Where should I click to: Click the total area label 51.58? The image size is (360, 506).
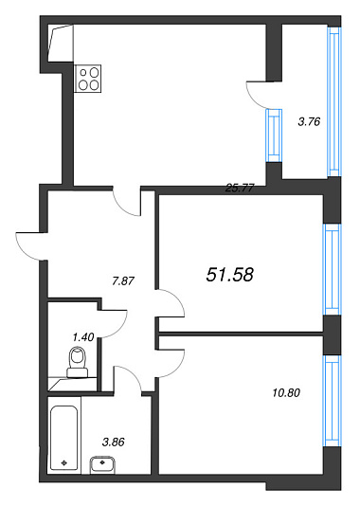click(229, 275)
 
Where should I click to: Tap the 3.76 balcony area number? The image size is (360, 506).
click(309, 121)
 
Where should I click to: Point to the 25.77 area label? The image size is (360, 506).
click(240, 188)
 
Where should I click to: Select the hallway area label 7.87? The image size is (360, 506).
click(123, 280)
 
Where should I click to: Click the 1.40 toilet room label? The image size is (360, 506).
click(83, 337)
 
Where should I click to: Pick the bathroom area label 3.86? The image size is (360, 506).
click(114, 442)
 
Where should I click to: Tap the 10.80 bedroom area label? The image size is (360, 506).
click(286, 392)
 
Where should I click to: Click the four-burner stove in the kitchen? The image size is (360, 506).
click(88, 79)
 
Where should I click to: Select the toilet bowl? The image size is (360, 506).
click(78, 362)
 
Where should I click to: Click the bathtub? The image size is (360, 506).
click(64, 438)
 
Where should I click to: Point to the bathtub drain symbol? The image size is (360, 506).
click(64, 463)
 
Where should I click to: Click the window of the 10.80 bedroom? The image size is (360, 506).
click(333, 401)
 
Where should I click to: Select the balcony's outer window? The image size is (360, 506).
click(334, 101)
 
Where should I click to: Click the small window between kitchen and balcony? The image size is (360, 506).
click(274, 136)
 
